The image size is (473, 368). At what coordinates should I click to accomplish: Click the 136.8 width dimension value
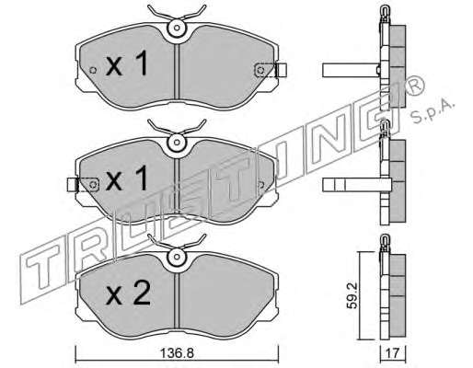pos(178,353)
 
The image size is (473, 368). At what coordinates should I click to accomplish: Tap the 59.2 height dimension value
pos(352,295)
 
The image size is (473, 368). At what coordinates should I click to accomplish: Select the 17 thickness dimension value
pos(393,353)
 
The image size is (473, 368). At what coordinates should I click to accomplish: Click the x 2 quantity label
pos(128,293)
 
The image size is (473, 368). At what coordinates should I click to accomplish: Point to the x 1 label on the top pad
pos(127,63)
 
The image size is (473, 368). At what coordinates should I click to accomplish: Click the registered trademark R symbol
pos(414,85)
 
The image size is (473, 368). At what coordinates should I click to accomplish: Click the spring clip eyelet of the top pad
pos(177,29)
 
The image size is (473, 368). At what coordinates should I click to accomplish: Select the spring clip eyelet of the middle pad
pos(177,143)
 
